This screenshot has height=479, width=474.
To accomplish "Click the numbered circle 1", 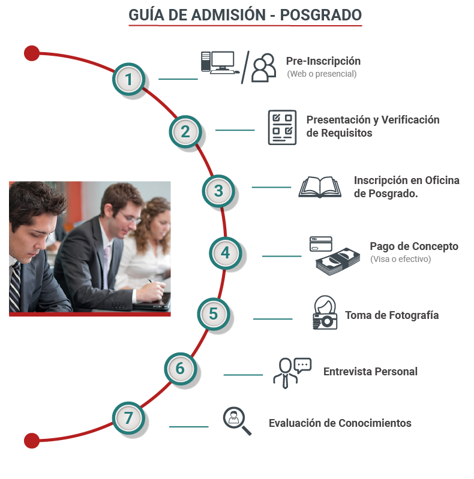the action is tap(128, 79).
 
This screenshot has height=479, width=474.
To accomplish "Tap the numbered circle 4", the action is tap(226, 253).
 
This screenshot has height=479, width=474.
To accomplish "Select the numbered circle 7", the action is tap(128, 418).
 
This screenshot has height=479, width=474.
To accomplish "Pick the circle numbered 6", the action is tap(181, 369).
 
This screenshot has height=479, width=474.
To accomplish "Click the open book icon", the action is tap(320, 187).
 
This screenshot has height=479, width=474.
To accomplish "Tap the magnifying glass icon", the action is tap(237, 421).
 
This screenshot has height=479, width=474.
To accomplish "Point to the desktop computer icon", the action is tap(220, 62).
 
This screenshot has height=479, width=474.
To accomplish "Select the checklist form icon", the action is tap(282, 127).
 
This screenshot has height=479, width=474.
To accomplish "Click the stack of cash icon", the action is tap(338, 261).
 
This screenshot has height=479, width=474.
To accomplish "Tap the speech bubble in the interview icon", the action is tap(303, 365).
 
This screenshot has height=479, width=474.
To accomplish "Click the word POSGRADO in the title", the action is tap(321, 15).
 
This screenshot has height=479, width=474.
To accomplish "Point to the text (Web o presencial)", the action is tap(322, 74).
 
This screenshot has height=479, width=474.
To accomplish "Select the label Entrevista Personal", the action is tap(370, 372).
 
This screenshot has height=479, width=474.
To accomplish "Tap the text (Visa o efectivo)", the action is tap(400, 259).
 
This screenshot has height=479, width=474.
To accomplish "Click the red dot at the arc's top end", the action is tap(32, 53).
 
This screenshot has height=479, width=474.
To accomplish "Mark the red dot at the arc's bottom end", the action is tap(32, 441).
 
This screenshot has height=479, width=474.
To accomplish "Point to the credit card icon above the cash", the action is tap(321, 244).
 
